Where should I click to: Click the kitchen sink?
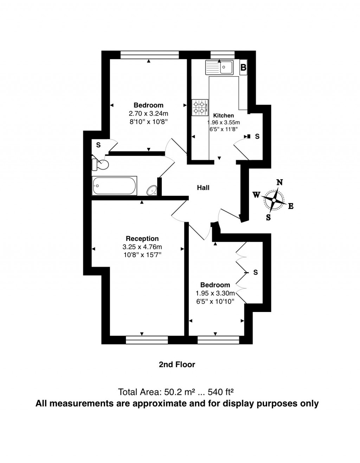pos(219,67)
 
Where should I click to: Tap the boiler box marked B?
pos(243,67)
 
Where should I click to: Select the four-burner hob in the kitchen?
pos(200,107)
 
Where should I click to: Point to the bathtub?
pos(114,185)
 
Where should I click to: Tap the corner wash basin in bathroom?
pos(152,190)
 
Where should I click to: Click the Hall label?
pos(203,188)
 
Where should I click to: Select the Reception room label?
pos(142,239)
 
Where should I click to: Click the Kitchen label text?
pos(224,115)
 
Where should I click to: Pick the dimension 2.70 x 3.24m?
pos(148,113)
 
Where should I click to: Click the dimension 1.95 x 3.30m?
pos(215,293)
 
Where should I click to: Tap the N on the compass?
pos(279,182)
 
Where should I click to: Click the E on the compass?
pos(291,206)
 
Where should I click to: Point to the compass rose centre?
pos(274,200)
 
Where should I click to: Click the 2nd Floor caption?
pos(177,365)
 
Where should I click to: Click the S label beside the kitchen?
pos(257,136)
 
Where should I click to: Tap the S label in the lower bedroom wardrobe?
pos(256,272)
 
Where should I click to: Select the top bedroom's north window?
pos(149,54)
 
